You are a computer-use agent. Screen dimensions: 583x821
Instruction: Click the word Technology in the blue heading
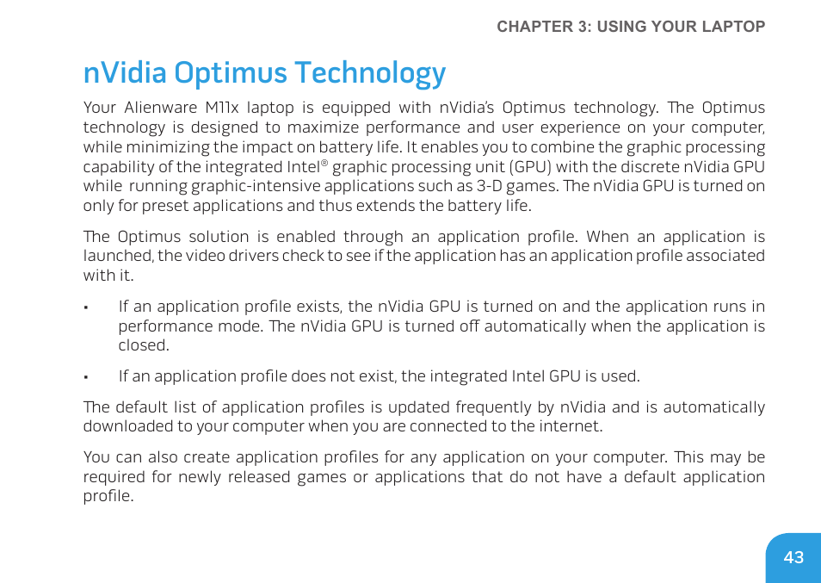pyautogui.click(x=370, y=73)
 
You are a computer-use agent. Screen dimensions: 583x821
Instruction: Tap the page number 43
pyautogui.click(x=793, y=557)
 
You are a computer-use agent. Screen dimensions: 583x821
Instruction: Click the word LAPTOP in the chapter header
pyautogui.click(x=731, y=27)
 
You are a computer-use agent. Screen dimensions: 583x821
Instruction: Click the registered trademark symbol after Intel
pyautogui.click(x=324, y=163)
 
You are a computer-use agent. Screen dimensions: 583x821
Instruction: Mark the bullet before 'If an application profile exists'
pyautogui.click(x=87, y=307)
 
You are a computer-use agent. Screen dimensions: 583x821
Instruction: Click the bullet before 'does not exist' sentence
pyautogui.click(x=87, y=377)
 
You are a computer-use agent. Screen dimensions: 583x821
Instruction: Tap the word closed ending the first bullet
pyautogui.click(x=143, y=345)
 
